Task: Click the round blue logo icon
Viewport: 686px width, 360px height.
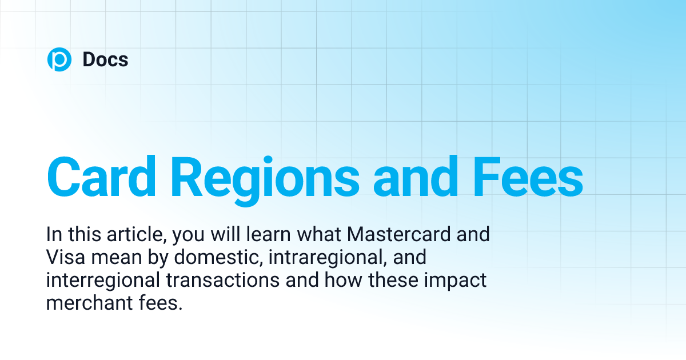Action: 59,59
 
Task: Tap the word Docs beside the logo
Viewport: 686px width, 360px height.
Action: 105,59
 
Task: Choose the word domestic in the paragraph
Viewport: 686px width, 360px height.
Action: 212,258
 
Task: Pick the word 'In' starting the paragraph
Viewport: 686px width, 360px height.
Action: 53,235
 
